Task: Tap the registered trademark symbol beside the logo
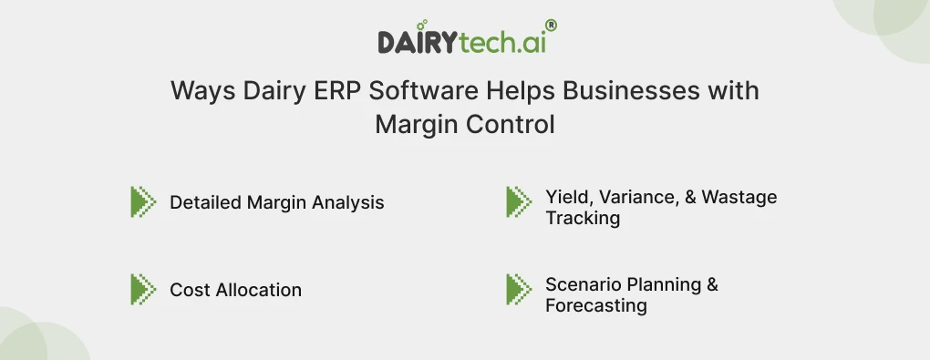tap(551, 26)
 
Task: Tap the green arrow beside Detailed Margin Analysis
tap(143, 201)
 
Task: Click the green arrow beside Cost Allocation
tap(143, 289)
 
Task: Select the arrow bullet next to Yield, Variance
tap(519, 201)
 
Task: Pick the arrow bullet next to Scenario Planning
tap(519, 289)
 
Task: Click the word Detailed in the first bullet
tap(204, 202)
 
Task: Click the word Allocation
tap(258, 290)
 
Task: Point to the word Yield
tap(566, 197)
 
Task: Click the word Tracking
tap(583, 218)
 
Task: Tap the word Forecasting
tap(596, 305)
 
